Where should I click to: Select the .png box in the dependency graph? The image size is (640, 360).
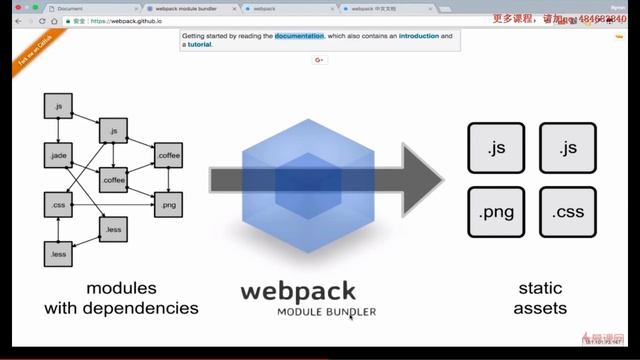(168, 205)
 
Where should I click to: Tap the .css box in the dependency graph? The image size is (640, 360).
(57, 205)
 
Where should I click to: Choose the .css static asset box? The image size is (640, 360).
(567, 213)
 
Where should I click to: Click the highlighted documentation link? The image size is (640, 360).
(300, 36)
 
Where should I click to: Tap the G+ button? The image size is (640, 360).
(320, 60)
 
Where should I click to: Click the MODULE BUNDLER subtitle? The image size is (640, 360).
(327, 312)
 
